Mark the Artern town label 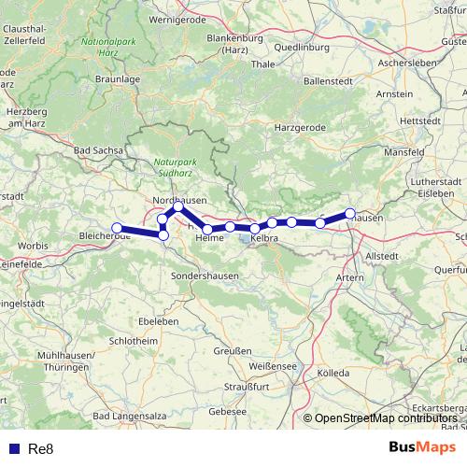(350, 277)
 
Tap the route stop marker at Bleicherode (117, 228)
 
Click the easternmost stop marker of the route (350, 214)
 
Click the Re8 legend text (41, 449)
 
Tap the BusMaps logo (422, 447)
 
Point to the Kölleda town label (333, 373)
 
